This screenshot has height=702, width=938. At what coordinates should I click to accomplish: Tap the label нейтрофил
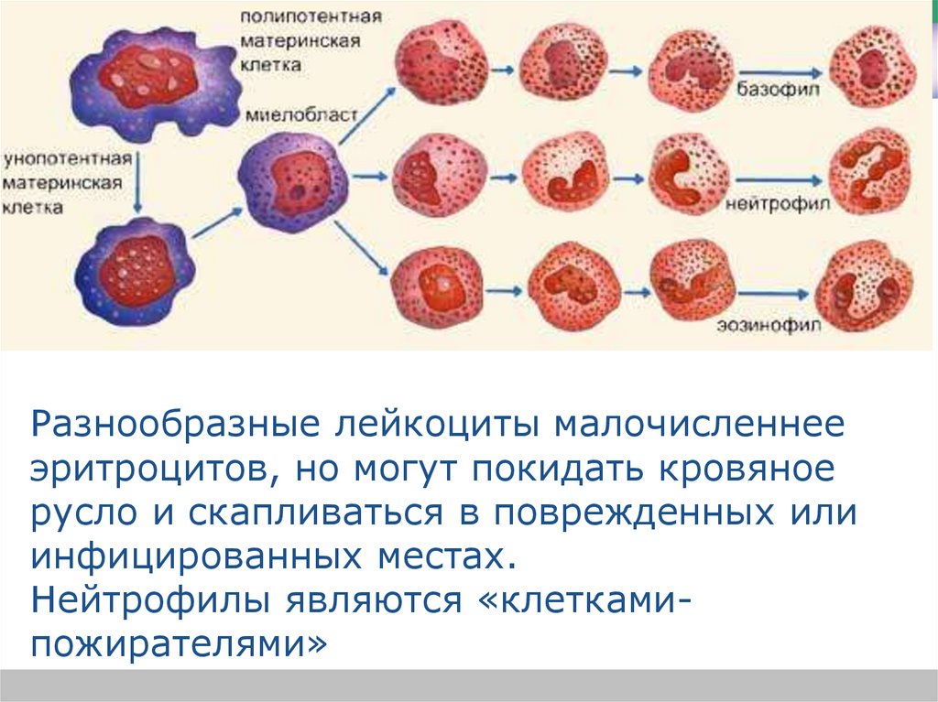[778, 203]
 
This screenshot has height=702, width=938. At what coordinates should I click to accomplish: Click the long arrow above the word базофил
[776, 70]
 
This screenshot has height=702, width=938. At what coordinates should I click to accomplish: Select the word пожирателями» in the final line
[180, 644]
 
